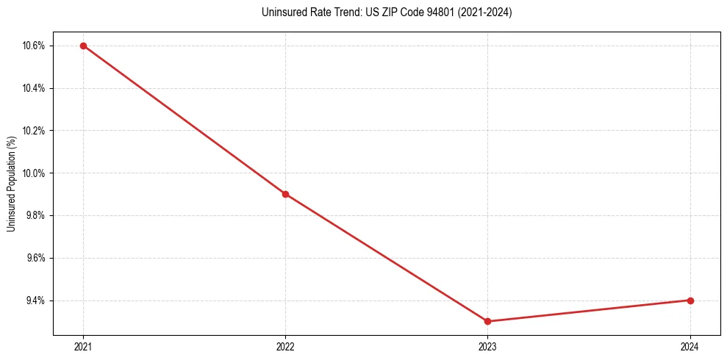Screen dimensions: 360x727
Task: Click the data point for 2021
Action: click(x=83, y=46)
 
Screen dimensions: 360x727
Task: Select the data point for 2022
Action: click(x=285, y=194)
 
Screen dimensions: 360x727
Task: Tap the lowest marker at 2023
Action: click(x=488, y=321)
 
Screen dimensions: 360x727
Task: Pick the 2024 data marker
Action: click(x=690, y=300)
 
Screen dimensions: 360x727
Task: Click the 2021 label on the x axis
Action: click(x=83, y=346)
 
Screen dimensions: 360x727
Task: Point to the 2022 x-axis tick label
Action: click(x=285, y=346)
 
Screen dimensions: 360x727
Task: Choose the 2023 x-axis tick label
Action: click(x=488, y=346)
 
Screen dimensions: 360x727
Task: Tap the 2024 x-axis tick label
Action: click(x=690, y=346)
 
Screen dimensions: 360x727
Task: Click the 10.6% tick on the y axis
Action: click(x=34, y=46)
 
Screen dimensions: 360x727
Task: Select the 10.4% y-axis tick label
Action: click(x=34, y=88)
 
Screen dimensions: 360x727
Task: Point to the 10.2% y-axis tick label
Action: click(x=34, y=131)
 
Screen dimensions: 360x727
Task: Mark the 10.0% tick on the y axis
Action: click(x=34, y=173)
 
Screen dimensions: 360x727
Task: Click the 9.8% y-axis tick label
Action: click(x=35, y=215)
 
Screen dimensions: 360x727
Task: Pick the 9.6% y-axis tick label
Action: click(x=35, y=258)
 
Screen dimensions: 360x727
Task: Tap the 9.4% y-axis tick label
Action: click(x=35, y=300)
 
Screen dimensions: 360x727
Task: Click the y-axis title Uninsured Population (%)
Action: click(x=11, y=184)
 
